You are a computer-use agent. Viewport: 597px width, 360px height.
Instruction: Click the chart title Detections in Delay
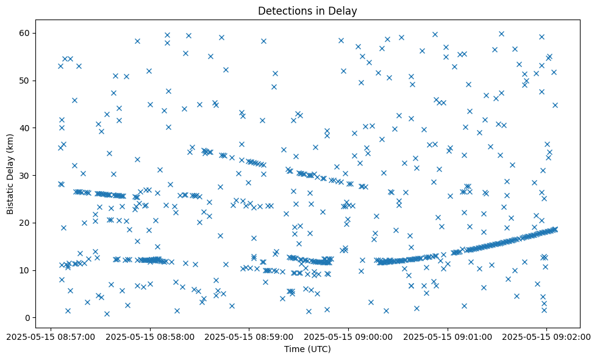(x=307, y=10)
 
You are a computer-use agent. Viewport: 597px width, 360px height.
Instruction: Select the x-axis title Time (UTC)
(x=307, y=349)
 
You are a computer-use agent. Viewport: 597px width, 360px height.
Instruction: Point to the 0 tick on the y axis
(x=27, y=318)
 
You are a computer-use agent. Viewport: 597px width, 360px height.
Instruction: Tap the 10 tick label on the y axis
(x=25, y=270)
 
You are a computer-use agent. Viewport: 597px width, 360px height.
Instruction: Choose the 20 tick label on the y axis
(x=25, y=223)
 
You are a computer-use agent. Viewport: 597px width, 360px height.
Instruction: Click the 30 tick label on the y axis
(x=25, y=175)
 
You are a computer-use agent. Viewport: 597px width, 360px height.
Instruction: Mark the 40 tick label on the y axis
(x=25, y=128)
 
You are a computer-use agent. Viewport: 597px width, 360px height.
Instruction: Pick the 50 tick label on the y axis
(x=25, y=81)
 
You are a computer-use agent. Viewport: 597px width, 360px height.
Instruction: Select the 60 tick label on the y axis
(x=25, y=33)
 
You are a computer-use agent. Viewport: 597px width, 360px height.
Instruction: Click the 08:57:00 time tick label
(x=51, y=336)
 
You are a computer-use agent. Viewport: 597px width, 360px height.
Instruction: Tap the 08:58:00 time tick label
(x=150, y=336)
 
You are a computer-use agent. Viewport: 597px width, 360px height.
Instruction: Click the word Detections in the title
(x=283, y=10)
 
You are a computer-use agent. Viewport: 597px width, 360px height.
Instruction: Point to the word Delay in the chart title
(x=343, y=10)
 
